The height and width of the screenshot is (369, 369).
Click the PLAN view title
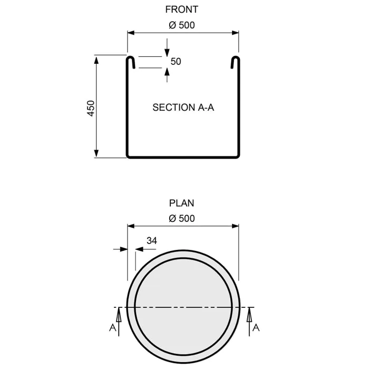click(182, 202)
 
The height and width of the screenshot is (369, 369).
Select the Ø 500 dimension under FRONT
click(182, 25)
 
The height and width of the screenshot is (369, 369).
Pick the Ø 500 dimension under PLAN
click(182, 218)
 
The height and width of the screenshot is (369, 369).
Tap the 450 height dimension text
click(91, 108)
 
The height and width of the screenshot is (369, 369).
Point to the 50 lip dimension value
click(176, 62)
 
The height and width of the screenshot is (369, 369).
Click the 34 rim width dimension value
click(151, 240)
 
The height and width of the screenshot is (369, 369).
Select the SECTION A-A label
click(183, 108)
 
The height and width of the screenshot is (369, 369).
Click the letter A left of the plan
click(112, 328)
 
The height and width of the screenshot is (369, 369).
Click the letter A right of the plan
click(256, 328)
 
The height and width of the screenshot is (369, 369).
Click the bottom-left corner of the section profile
click(128, 156)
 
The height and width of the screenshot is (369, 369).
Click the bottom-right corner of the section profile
click(238, 156)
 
